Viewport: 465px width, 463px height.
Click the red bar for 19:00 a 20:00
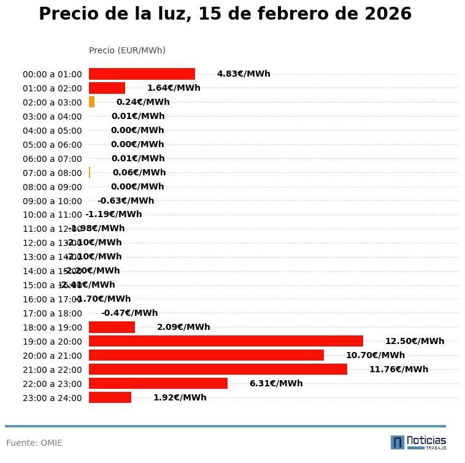click(226, 341)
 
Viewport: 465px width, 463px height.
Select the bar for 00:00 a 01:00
click(142, 74)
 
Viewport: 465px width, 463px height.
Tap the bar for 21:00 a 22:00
click(218, 369)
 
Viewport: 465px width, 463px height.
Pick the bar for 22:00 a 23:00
click(158, 383)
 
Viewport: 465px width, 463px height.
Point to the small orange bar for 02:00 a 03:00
click(92, 102)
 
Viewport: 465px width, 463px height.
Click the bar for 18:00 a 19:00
click(112, 327)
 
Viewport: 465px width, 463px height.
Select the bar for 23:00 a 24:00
click(110, 397)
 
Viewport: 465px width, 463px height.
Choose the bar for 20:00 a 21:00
click(206, 355)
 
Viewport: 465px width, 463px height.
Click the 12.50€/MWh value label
click(415, 341)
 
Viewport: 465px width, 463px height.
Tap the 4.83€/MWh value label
click(244, 74)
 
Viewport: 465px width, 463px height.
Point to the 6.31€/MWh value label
click(276, 383)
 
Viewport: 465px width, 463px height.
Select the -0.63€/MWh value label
click(126, 201)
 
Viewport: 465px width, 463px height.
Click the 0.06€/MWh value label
click(139, 172)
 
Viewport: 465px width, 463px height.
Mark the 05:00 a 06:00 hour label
click(52, 145)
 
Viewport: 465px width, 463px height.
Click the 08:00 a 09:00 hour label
click(52, 187)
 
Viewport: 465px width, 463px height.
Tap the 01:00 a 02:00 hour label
click(52, 88)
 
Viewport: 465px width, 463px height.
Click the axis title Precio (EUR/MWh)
click(127, 50)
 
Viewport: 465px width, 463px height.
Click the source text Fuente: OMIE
click(34, 443)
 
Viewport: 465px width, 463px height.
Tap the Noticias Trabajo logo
click(418, 442)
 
